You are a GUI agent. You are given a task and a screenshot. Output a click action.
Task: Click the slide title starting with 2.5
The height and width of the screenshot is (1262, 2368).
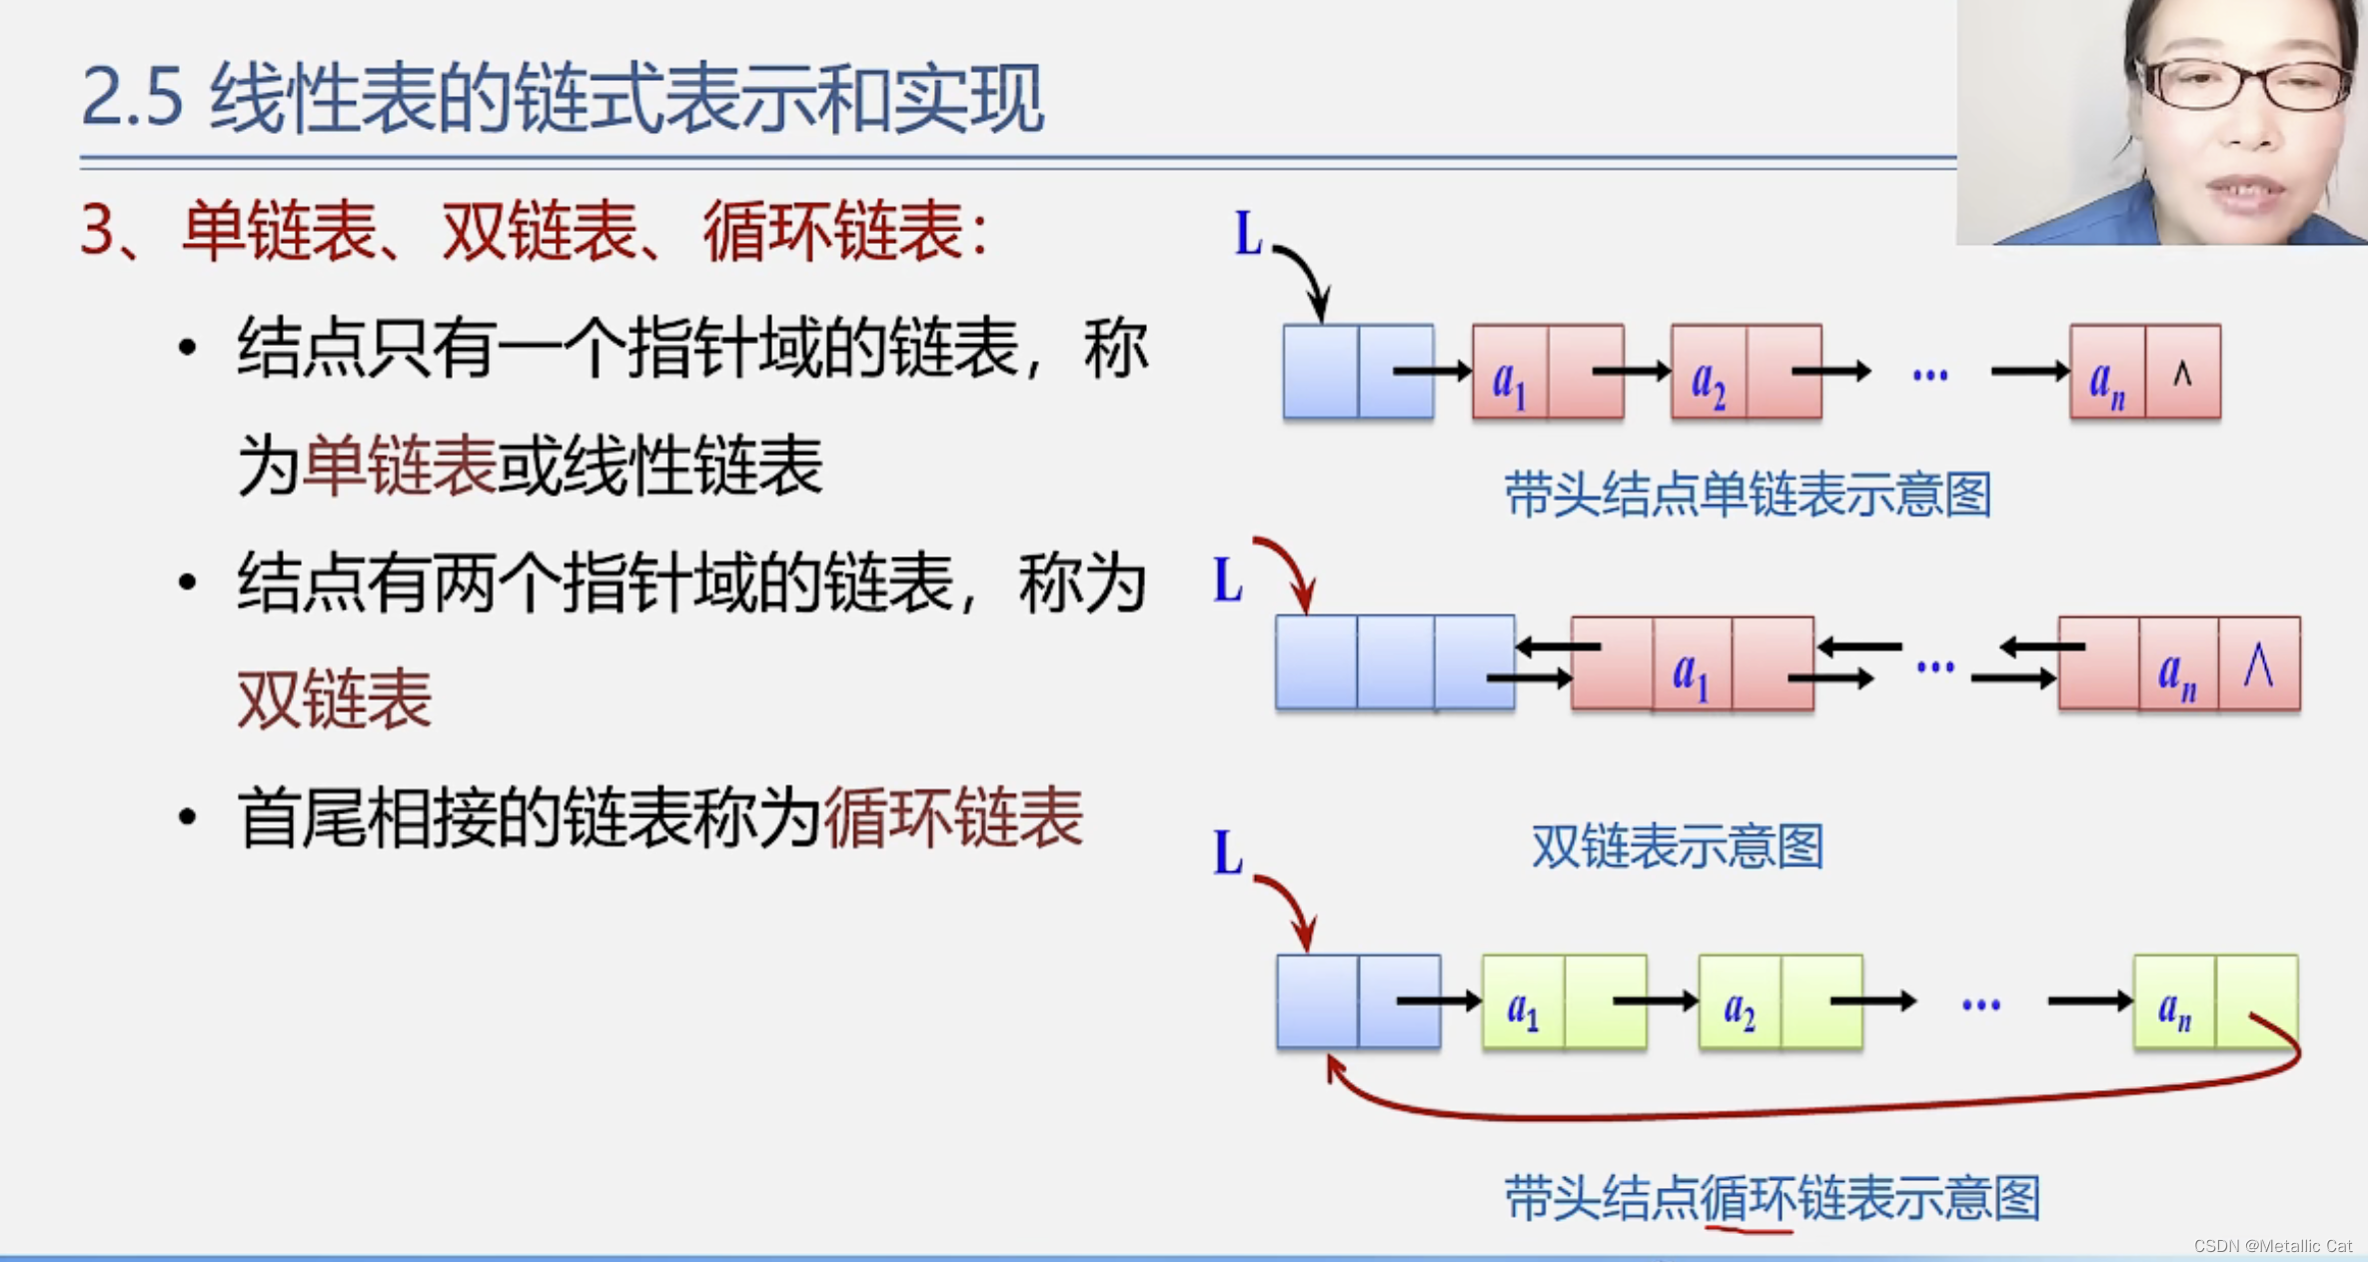click(562, 98)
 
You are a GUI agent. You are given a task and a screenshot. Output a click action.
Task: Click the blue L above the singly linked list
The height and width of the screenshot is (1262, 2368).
click(1248, 235)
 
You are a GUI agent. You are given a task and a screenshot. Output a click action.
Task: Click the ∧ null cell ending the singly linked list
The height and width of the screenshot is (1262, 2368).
click(2183, 373)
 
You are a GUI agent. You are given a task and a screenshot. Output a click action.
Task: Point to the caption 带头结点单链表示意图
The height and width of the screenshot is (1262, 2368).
click(1748, 495)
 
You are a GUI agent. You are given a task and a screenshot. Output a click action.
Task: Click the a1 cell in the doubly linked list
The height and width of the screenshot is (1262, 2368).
click(1691, 664)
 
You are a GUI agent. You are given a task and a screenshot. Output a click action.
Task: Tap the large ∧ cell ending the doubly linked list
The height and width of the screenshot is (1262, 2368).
click(2258, 664)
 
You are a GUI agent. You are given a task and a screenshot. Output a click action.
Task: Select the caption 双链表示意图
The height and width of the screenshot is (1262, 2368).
click(1678, 846)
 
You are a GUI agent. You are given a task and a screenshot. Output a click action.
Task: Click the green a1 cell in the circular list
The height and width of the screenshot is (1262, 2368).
click(1523, 1002)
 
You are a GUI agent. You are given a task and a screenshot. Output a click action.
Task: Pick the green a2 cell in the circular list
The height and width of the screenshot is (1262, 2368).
click(1740, 1002)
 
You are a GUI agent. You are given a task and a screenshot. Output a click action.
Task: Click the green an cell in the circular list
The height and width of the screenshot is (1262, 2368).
click(2174, 1002)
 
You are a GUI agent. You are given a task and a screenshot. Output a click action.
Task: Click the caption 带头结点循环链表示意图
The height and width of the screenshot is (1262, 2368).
click(1772, 1198)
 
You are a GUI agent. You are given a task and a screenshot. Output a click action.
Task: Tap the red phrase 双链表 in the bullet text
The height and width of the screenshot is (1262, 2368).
click(335, 699)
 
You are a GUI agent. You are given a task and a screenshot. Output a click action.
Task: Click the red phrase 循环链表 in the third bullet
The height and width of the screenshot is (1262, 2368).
click(952, 818)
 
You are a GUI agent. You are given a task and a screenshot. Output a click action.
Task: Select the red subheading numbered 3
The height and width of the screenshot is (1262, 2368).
click(535, 232)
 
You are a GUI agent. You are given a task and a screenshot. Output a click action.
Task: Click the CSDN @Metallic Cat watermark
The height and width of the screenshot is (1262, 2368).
click(2272, 1246)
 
